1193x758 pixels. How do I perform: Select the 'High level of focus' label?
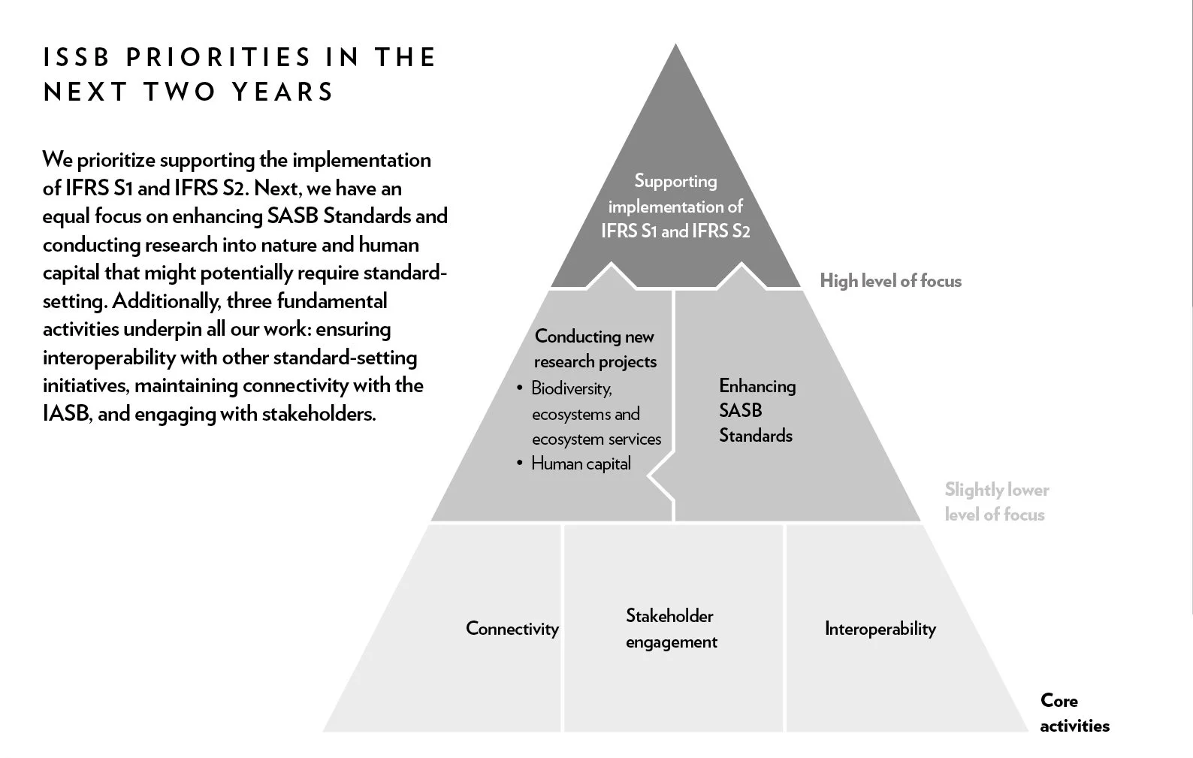890,281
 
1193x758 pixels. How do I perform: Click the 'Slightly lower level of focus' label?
996,502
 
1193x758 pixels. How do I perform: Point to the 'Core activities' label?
1074,713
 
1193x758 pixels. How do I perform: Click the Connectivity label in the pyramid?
512,629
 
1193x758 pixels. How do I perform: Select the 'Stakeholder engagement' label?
671,629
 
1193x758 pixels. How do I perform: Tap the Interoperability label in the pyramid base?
880,629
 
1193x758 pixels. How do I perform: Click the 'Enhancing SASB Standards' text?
757,410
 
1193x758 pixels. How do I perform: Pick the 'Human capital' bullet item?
581,464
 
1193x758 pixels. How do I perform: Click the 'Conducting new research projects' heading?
595,349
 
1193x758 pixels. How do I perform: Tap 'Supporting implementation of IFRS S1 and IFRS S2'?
675,206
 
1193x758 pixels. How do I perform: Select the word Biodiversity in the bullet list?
571,388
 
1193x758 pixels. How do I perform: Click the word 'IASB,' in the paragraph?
68,414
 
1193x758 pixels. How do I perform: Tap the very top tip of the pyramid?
675,47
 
